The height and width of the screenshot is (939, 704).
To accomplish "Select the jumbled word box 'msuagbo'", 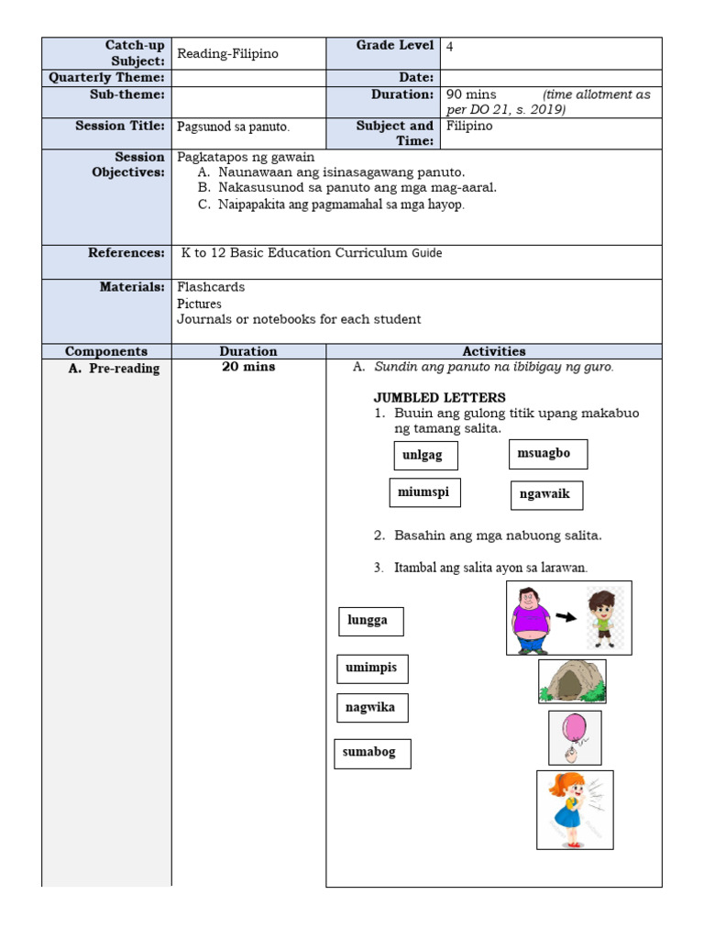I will (547, 454).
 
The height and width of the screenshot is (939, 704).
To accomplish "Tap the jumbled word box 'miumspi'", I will (424, 492).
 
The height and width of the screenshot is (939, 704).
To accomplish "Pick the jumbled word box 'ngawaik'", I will (545, 494).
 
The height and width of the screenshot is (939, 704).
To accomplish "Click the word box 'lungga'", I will (370, 621).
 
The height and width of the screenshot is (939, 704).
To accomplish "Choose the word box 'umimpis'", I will (371, 668).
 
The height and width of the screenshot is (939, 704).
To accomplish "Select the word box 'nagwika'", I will (371, 708).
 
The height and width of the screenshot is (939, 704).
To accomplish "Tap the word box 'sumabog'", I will (372, 753).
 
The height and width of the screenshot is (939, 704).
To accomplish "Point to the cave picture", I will (572, 681).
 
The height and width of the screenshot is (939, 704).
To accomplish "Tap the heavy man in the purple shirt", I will (532, 620).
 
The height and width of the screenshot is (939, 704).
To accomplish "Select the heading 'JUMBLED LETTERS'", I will (439, 397).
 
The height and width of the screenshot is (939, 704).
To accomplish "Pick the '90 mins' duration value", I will (471, 94).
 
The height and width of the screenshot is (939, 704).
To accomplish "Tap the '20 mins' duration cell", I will (248, 367).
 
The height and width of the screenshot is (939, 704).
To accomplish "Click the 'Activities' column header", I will (494, 351).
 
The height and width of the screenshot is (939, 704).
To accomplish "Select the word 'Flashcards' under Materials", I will (211, 287).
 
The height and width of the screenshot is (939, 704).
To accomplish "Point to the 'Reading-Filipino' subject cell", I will (227, 54).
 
